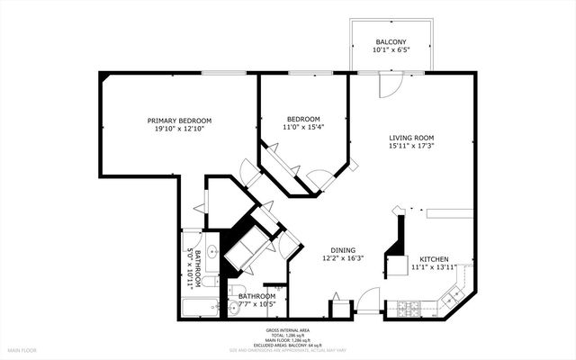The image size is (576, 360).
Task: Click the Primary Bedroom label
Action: tap(179, 121)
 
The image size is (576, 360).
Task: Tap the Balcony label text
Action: tap(391, 42)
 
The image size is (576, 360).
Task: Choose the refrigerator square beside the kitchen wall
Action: tap(397, 265)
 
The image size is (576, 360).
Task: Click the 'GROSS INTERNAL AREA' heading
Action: tap(288, 329)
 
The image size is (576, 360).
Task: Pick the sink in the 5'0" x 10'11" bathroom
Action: tap(210, 251)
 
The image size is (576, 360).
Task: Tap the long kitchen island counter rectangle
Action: tap(445, 212)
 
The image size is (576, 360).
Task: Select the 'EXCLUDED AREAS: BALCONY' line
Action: tap(288, 344)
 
